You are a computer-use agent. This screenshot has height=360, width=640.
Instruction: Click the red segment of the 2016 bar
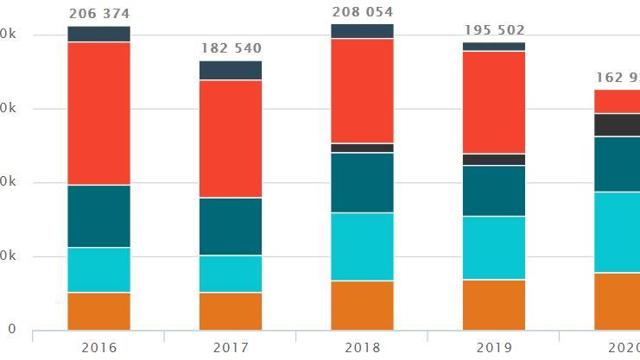point(98,113)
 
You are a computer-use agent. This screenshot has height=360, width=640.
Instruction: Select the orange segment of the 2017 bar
point(231,311)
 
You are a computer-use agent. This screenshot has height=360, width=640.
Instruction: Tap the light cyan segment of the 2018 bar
point(362,246)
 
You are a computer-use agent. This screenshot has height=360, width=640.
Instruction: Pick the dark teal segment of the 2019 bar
point(494,190)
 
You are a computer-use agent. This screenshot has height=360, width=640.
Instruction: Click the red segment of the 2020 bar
point(617,101)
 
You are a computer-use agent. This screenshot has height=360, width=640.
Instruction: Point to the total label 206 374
point(98,14)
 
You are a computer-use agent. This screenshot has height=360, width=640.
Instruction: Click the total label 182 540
point(231,48)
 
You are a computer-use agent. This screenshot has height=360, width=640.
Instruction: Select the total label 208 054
point(362,12)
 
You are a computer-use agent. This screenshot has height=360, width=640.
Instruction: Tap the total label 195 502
point(494,30)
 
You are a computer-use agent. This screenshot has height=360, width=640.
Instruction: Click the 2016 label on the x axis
point(98,347)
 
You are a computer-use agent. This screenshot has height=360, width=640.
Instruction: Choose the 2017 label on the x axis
point(231,347)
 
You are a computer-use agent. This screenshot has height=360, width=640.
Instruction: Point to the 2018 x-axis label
point(362,347)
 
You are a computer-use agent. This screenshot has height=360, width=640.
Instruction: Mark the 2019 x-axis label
point(494,347)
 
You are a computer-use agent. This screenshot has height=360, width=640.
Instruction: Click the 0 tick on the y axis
point(10,330)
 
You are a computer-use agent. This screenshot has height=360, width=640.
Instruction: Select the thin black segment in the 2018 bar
point(362,148)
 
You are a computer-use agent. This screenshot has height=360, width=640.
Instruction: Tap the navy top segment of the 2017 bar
point(231,70)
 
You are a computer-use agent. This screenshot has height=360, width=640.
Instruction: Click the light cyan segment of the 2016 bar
point(98,269)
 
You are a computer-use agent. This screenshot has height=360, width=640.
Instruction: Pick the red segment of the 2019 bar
point(494,102)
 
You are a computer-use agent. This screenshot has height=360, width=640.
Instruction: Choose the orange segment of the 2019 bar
point(494,305)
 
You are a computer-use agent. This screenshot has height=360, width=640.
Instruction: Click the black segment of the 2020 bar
point(617,125)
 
